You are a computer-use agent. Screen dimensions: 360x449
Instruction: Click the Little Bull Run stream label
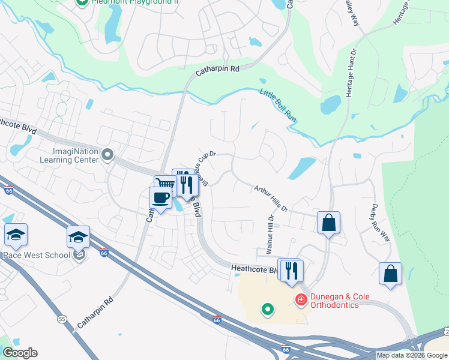point(279,106)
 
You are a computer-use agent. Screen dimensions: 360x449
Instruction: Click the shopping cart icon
point(163,184)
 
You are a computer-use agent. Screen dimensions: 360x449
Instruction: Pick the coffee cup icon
point(160,199)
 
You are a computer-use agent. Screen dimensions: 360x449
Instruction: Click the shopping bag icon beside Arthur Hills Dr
point(328,223)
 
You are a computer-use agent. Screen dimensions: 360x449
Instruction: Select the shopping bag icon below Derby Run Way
point(390,274)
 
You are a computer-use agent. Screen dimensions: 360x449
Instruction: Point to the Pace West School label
point(36,255)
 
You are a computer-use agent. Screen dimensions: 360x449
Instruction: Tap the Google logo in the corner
point(19,353)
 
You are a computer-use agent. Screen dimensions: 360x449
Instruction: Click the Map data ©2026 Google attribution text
point(412,355)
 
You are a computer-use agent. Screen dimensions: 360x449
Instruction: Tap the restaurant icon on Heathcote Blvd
point(291,269)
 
